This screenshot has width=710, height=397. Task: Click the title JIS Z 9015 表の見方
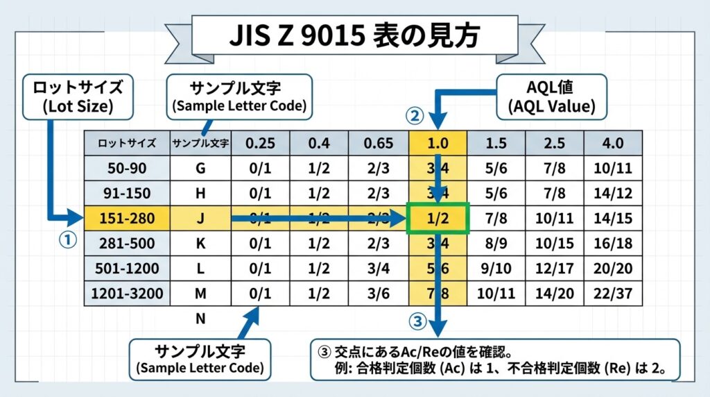pos(354,35)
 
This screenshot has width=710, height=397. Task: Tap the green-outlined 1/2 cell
pos(438,219)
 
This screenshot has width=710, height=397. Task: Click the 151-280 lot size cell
pos(127,219)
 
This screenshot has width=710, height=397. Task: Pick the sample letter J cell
pos(200,219)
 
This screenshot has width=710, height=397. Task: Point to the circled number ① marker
pos(67,241)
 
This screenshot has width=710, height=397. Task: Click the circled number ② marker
pos(414,115)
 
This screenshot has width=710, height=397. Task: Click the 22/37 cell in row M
pos(613,294)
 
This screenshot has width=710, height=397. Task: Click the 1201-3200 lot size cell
pos(127,294)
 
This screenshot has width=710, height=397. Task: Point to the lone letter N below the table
pos(200,319)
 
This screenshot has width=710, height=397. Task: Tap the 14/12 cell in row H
pos(613,193)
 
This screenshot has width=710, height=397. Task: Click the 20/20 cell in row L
pos(613,269)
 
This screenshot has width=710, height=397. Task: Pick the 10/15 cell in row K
pos(554,244)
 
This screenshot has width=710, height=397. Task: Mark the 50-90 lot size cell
pos(127,168)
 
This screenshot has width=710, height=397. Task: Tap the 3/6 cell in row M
pos(379,294)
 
